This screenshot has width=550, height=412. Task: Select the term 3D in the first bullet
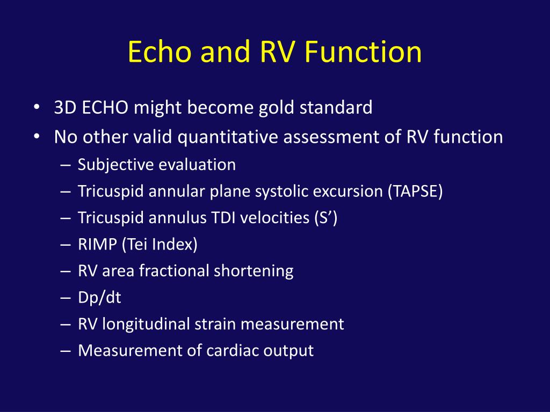click(66, 108)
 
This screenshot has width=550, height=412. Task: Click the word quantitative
click(228, 137)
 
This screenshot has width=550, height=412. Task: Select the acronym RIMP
click(97, 245)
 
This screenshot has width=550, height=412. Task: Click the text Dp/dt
click(99, 298)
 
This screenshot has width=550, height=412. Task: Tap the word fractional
click(174, 271)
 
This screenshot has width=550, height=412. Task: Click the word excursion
click(351, 191)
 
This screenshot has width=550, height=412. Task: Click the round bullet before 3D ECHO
click(35, 108)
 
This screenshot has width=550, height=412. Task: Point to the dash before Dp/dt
click(66, 298)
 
